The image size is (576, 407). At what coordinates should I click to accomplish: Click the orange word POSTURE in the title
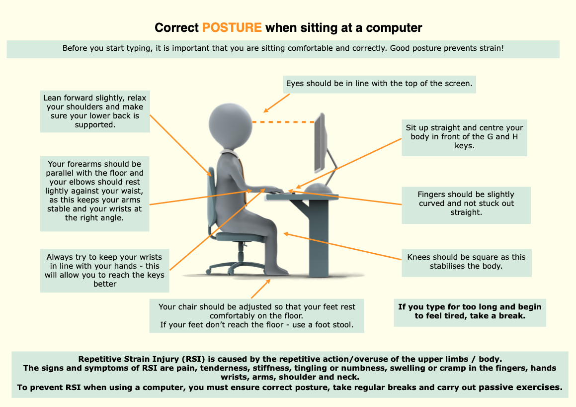(232, 27)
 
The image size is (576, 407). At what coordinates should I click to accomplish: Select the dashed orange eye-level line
(283, 122)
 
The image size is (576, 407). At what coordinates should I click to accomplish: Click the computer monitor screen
(320, 143)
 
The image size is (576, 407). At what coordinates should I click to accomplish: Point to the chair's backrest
(212, 201)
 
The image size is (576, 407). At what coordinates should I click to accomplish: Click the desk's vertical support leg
(318, 238)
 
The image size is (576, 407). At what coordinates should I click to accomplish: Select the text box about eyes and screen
(379, 84)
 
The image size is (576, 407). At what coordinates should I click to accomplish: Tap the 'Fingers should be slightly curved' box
(466, 205)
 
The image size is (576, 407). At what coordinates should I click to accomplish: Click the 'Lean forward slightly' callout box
(95, 111)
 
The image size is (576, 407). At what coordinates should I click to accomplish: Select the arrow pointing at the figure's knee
(342, 246)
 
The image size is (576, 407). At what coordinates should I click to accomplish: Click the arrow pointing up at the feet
(261, 289)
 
